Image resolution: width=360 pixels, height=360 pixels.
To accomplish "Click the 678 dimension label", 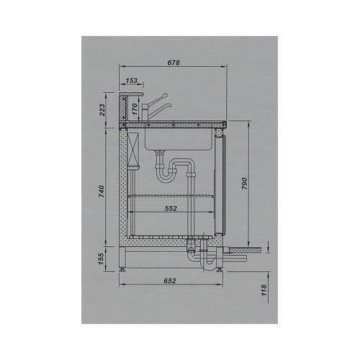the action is point(174,63).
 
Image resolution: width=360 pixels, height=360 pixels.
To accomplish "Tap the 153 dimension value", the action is point(132,81).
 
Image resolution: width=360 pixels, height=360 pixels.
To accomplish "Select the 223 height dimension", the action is point(102,110).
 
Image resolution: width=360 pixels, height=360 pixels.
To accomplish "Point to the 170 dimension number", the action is point(135,109).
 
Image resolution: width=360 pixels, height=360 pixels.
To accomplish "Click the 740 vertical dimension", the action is point(102,191).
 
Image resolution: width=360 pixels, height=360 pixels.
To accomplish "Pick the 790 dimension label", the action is point(244,184).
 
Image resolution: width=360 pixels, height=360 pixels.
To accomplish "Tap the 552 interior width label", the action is point(171,209).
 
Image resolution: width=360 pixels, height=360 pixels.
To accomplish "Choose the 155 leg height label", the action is point(101,258).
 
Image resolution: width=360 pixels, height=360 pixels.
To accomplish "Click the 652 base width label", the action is point(170,281).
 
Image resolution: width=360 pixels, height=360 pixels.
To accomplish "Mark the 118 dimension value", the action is point(264,290).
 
